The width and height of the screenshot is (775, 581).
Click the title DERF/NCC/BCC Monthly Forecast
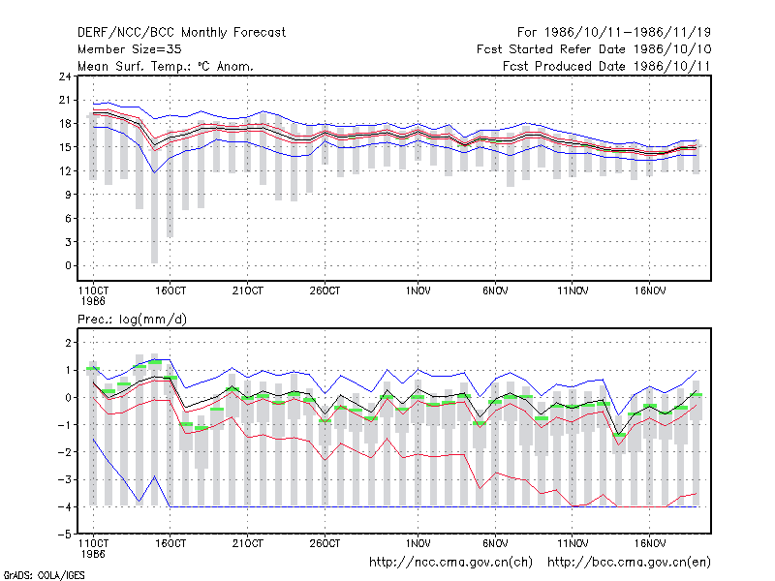point(181,33)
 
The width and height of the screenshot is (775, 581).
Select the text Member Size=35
point(130,49)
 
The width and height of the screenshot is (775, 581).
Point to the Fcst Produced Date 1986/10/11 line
point(606,66)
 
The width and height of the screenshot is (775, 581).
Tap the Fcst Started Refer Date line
point(594,49)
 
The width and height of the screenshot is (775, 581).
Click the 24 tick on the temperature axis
point(65,76)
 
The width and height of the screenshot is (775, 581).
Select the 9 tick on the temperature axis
point(68,195)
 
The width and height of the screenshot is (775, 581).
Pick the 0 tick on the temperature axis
point(68,265)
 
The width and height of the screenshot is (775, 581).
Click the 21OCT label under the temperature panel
point(248,291)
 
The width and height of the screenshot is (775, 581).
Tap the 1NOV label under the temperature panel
point(418,291)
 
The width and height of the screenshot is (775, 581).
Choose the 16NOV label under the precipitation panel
point(650,544)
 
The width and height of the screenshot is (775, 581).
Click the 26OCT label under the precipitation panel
point(325,544)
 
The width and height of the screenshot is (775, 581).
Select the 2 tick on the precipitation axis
point(68,343)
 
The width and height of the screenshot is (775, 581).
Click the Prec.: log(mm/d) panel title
point(132,320)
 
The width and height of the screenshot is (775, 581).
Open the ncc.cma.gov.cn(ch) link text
point(451,563)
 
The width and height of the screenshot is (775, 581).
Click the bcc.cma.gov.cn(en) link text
point(629,563)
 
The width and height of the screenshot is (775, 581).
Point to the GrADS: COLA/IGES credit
point(45,575)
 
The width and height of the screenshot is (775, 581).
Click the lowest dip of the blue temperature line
point(155,172)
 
